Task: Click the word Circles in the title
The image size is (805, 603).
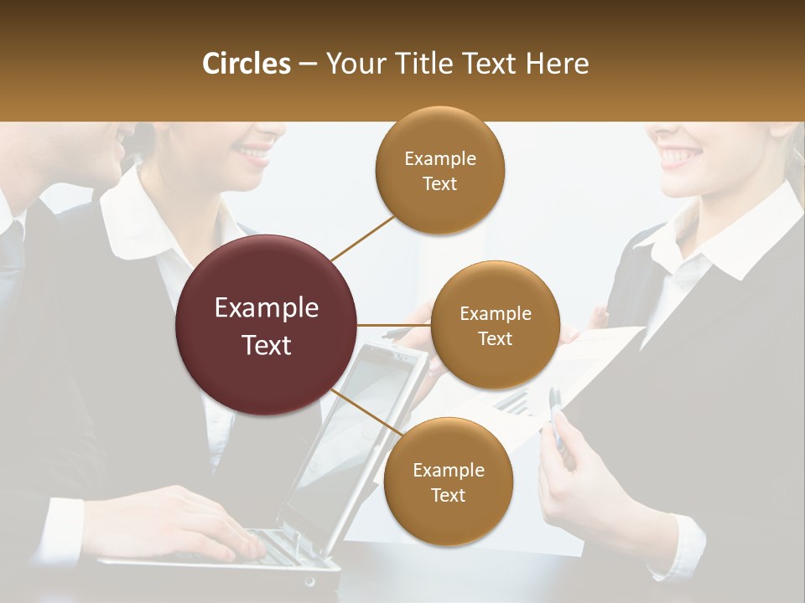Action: point(246,64)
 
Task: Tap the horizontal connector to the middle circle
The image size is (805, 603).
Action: point(393,325)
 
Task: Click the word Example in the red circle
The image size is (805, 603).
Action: point(267,308)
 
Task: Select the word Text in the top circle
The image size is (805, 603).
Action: point(439,184)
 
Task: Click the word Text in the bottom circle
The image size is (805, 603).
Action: point(448,495)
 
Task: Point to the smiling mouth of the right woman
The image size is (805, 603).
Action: point(681,155)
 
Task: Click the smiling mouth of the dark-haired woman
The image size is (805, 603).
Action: point(252,152)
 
